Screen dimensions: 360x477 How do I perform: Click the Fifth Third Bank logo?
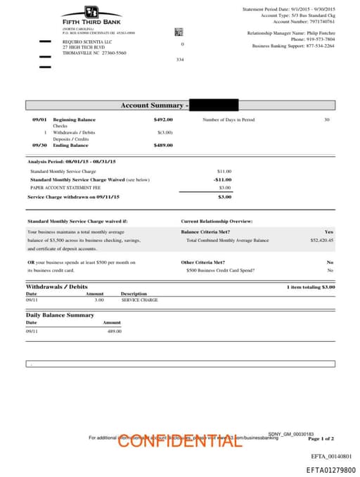91,15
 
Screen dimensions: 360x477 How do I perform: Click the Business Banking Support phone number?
320,46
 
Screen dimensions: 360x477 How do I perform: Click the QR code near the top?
179,32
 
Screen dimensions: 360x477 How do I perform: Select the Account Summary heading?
153,106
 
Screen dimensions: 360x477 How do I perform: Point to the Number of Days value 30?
326,120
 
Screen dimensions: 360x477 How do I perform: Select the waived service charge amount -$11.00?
222,179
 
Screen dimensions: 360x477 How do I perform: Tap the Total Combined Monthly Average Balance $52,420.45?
321,240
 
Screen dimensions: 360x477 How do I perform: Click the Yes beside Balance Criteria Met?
328,231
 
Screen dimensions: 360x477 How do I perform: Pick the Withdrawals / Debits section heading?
57,287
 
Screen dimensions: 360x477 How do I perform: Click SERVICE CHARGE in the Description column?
139,300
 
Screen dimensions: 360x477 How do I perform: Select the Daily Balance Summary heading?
60,315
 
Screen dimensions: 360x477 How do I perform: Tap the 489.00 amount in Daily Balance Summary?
114,331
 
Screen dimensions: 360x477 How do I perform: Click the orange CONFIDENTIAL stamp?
180,441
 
